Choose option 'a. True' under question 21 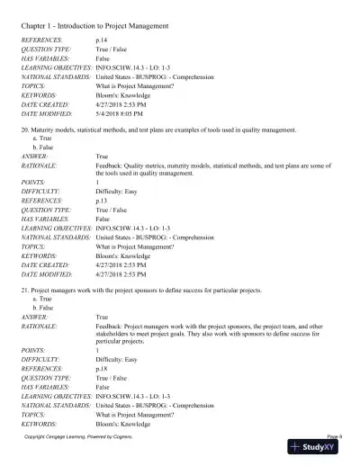(41, 280)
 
